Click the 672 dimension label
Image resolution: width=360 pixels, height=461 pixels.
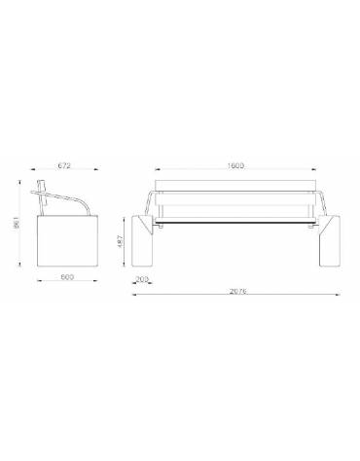[66, 166]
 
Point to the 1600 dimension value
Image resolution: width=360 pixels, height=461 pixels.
[235, 166]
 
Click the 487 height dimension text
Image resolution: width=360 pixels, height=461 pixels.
[119, 241]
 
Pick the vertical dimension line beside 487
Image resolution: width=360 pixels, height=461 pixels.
[126, 241]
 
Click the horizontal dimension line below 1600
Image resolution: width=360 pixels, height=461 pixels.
[235, 173]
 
